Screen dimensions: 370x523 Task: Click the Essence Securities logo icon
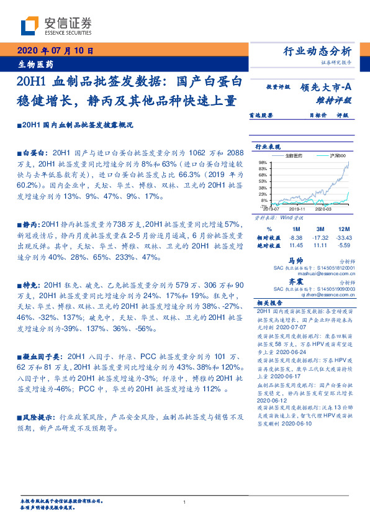29,26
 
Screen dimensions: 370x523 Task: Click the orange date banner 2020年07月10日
55,51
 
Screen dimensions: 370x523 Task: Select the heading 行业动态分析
317,51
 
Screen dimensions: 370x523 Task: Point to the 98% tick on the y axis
263,161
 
